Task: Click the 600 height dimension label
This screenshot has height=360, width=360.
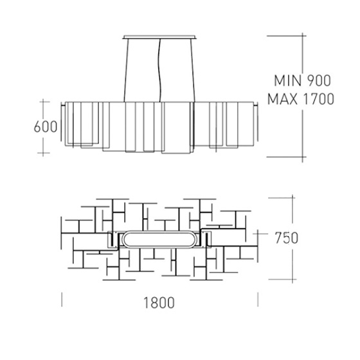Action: coord(46,127)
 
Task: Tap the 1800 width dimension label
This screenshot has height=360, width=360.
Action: coord(159,303)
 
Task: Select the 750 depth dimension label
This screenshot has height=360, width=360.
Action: coord(287,238)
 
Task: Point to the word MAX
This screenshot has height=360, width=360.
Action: coord(283,99)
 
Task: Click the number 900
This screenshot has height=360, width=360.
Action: coord(319,80)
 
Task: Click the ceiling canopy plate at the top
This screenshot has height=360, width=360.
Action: coord(159,37)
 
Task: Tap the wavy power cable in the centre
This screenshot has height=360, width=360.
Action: coord(160,70)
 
